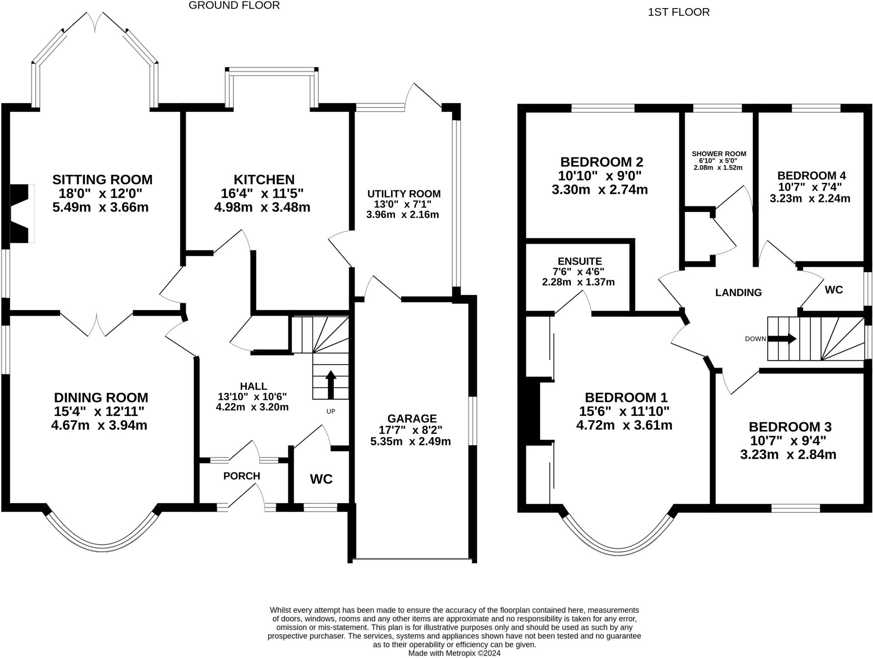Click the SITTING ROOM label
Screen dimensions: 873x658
102,180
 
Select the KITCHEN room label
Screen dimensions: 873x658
264,180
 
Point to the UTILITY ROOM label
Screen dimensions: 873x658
404,194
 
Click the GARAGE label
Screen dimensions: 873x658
412,418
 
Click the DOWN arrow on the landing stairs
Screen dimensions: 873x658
782,339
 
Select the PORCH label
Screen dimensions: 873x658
242,476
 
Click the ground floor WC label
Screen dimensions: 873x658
321,479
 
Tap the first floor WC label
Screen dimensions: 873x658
834,290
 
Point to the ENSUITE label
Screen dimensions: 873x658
580,261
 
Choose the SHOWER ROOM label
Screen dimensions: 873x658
719,154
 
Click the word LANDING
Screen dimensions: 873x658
738,293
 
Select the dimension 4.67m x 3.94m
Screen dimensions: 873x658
99,425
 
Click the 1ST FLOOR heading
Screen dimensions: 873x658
679,12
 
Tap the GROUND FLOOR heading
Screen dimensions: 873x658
234,6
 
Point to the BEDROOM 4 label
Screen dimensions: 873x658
812,176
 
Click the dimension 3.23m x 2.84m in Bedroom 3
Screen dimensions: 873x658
788,455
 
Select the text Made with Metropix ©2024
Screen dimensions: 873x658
454,653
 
